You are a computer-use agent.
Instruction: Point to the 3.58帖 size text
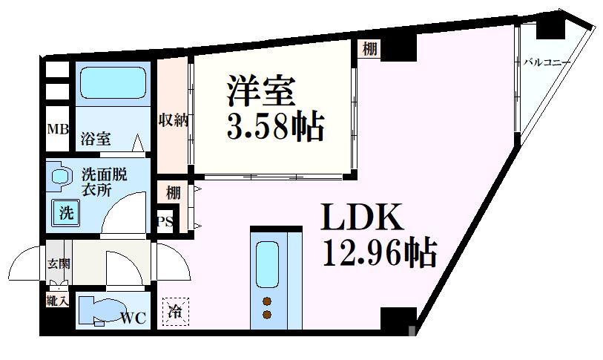click(274, 128)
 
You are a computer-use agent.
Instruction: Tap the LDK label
click(361, 219)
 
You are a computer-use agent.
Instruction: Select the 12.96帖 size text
click(378, 254)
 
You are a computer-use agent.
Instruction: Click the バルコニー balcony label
click(547, 62)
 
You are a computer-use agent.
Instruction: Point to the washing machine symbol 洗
click(66, 213)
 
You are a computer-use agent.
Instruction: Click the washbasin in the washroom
click(59, 176)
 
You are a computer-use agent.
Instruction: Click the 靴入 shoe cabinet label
click(57, 302)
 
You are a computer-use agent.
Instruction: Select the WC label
click(134, 318)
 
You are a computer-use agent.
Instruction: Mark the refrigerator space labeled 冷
click(175, 310)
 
